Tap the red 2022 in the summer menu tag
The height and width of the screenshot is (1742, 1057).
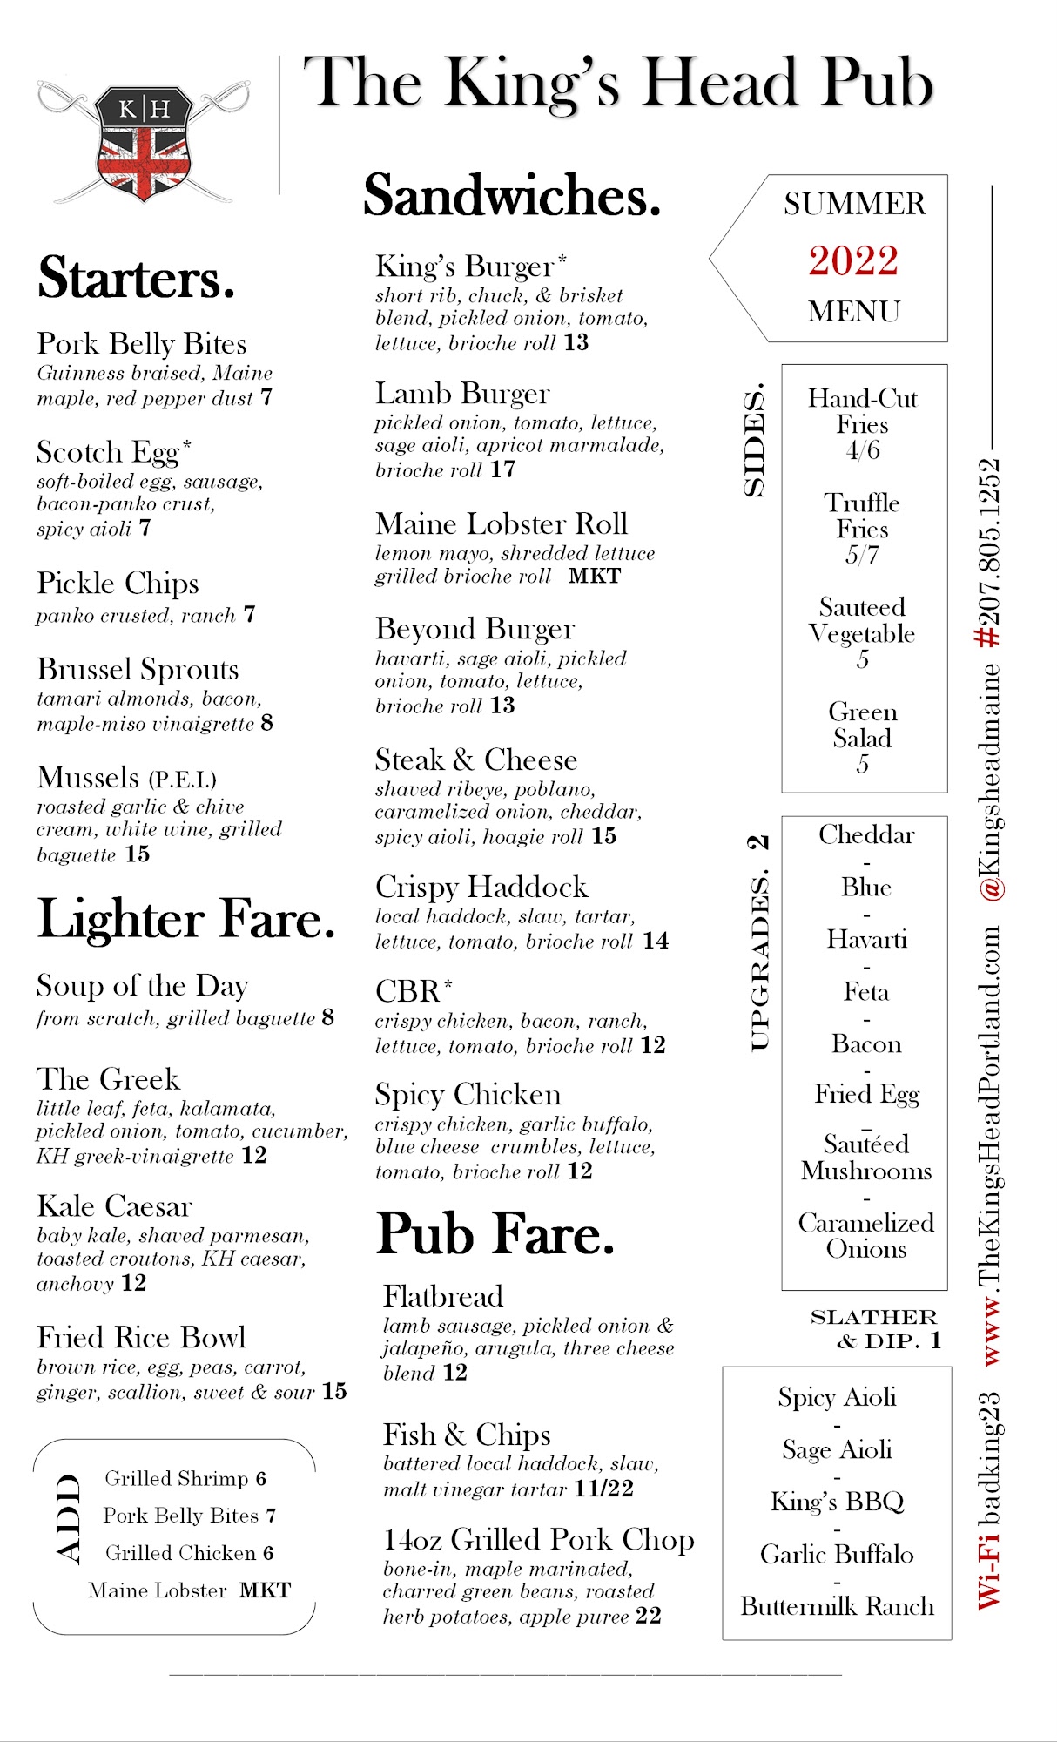click(852, 260)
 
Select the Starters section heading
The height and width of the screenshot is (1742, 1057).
click(137, 278)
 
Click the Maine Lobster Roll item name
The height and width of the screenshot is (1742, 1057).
click(502, 523)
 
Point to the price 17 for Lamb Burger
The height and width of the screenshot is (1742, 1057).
click(502, 469)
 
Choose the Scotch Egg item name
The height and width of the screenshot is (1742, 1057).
click(108, 452)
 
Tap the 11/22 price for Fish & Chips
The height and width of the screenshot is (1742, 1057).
click(604, 1489)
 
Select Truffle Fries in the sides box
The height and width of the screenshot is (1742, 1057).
click(862, 516)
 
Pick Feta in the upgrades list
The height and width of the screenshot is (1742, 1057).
click(865, 991)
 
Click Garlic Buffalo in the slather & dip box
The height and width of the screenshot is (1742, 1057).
click(837, 1554)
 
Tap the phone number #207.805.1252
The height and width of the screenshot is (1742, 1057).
click(989, 553)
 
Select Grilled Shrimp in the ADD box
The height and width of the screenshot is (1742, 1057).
click(177, 1478)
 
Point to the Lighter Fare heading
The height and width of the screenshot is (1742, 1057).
click(186, 919)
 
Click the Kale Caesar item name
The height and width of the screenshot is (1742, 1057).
click(114, 1206)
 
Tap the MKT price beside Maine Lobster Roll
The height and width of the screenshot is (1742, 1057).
click(595, 576)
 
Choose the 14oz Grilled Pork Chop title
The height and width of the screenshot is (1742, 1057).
click(538, 1539)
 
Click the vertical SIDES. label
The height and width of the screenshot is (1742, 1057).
click(754, 439)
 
